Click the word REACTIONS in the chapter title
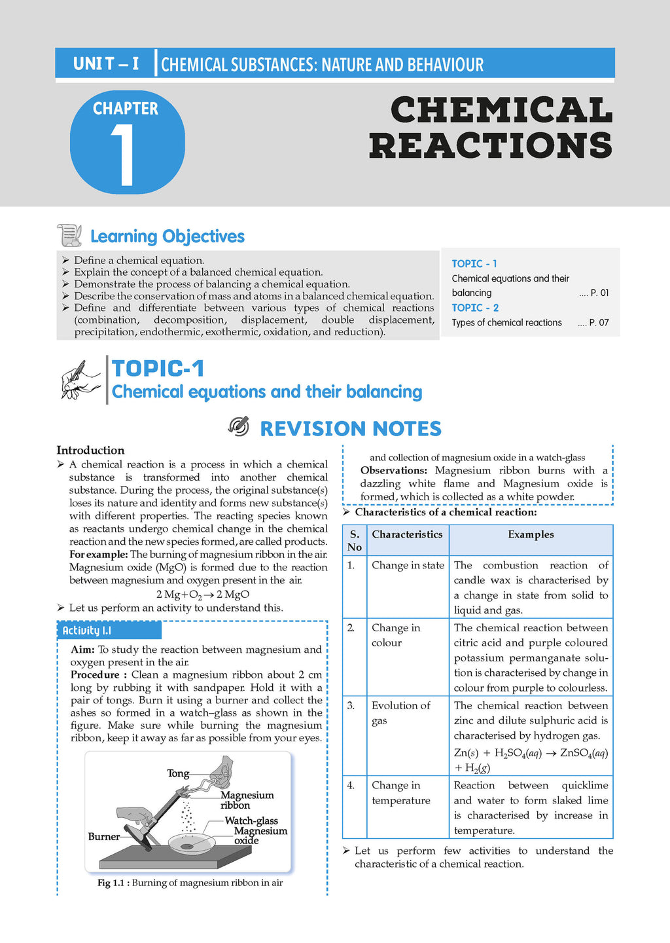[491, 145]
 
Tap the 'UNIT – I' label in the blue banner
[106, 64]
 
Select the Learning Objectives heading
[167, 236]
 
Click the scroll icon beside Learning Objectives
[69, 235]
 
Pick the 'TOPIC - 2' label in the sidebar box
[475, 308]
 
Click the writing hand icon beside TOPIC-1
[81, 380]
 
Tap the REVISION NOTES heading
[351, 428]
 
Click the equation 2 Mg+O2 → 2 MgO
[202, 595]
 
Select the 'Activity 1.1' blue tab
[109, 631]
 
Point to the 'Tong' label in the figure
[177, 773]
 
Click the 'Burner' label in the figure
[103, 836]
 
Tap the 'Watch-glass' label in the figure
[251, 821]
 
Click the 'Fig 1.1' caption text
[190, 883]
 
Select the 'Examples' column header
[531, 534]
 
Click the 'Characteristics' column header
[407, 534]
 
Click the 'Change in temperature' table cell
[400, 793]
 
